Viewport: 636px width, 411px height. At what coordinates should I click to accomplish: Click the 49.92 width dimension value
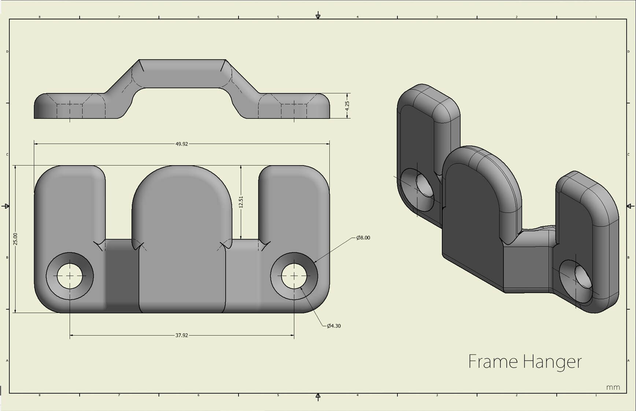[181, 144]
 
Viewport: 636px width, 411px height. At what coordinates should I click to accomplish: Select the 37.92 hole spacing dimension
[181, 335]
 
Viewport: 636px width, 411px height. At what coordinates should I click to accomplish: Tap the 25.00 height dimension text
[15, 239]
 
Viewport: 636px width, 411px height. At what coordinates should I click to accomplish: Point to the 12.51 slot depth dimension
[241, 202]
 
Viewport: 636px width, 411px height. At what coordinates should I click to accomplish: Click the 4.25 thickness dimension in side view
[347, 105]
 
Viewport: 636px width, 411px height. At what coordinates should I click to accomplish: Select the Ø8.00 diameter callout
[363, 238]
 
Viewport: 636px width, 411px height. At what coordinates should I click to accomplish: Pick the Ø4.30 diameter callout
[334, 326]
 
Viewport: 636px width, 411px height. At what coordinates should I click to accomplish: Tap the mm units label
[613, 387]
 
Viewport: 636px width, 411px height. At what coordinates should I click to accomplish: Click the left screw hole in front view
[70, 275]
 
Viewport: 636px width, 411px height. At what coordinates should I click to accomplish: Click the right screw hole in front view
[294, 275]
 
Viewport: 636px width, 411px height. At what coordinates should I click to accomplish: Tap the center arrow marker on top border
[318, 16]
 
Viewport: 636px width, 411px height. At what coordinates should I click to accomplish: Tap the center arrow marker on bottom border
[318, 397]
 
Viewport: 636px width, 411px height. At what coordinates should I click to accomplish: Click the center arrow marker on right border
[630, 206]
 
